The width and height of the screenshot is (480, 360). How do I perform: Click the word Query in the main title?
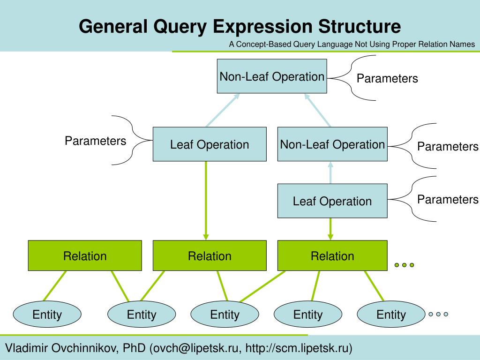coord(180,27)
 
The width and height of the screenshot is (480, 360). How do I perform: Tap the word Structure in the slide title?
coord(360,26)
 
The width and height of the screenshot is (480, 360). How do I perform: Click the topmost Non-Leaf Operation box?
coord(272,76)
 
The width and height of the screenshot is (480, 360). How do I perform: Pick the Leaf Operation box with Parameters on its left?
coord(210,144)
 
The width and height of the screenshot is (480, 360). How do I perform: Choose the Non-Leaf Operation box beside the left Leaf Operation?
coord(332,144)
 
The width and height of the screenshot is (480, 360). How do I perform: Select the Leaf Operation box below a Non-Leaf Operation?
coord(332,201)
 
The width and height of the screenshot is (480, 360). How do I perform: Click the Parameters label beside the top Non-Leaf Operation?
coord(387,78)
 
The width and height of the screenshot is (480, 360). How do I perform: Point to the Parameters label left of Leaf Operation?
coord(96,141)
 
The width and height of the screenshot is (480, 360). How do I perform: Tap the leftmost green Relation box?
coord(85,255)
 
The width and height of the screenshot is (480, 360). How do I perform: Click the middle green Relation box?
coord(210,255)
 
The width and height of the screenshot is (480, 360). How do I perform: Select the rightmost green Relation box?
coord(332,255)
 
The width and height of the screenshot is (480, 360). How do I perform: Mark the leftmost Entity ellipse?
coord(47,315)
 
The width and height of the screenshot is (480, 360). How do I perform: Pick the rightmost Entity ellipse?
coord(391,315)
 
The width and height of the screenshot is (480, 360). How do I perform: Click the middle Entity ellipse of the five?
coord(225,315)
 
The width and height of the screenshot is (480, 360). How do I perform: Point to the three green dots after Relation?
coord(405,265)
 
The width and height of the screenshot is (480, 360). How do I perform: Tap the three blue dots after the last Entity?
coord(438,314)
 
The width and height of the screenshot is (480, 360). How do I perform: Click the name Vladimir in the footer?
coord(27,348)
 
